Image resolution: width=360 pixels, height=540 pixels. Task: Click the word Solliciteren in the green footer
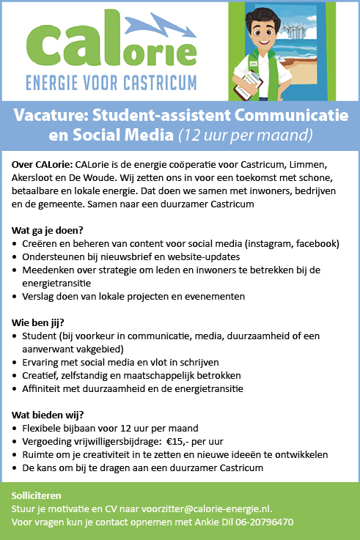tap(42, 496)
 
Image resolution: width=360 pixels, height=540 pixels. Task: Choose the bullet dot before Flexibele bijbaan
tap(16, 428)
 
